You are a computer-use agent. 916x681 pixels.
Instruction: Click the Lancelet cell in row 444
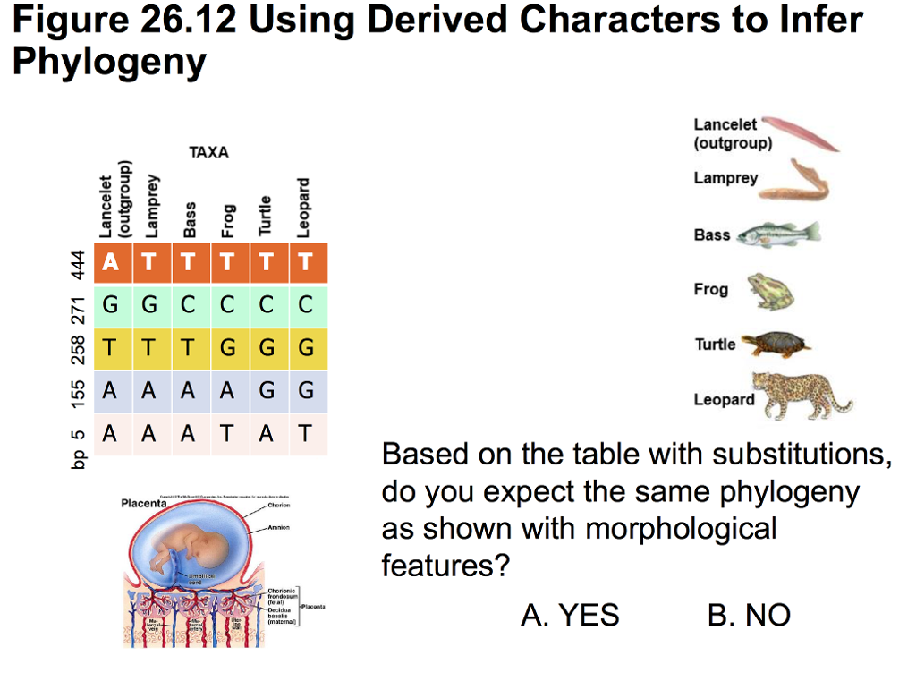pyautogui.click(x=110, y=262)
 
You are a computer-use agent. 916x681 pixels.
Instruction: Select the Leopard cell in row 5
pyautogui.click(x=306, y=434)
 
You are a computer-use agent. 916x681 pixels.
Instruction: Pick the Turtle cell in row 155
pyautogui.click(x=267, y=391)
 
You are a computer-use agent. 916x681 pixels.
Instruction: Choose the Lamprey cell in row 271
pyautogui.click(x=149, y=305)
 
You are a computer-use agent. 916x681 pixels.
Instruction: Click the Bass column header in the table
pyautogui.click(x=190, y=218)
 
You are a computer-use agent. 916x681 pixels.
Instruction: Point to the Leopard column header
pyautogui.click(x=304, y=208)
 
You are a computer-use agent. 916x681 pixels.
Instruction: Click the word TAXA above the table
pyautogui.click(x=208, y=153)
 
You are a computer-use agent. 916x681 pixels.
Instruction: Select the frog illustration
pyautogui.click(x=769, y=292)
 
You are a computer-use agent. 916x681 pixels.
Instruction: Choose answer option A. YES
pyautogui.click(x=570, y=615)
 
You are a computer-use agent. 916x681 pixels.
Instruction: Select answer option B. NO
pyautogui.click(x=749, y=615)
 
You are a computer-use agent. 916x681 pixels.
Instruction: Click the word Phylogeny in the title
pyautogui.click(x=108, y=62)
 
